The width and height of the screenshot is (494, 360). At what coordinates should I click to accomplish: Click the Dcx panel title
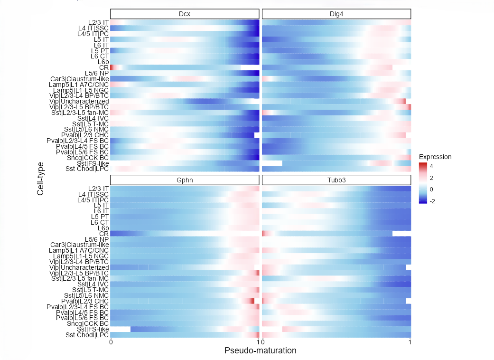point(185,13)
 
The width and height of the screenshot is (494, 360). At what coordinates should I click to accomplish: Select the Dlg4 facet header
point(336,13)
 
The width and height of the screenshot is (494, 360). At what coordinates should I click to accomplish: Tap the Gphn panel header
point(185,180)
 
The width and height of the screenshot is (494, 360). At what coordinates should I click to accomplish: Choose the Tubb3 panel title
point(336,180)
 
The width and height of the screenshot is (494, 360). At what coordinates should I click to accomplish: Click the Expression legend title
point(435,157)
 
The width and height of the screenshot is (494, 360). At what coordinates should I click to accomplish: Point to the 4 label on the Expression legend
point(432,167)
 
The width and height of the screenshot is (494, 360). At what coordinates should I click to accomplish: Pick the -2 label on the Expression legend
point(433,200)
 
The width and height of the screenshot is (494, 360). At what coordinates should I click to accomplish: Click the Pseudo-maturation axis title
point(260,351)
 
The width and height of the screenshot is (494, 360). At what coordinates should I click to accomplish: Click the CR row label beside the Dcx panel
point(104,67)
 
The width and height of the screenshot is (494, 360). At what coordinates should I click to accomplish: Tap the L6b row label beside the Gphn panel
point(103,228)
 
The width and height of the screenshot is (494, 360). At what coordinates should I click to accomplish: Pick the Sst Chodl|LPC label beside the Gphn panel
point(87,335)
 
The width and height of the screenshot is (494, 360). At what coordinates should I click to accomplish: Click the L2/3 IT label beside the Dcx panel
point(98,22)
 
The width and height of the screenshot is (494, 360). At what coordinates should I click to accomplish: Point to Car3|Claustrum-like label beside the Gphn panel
point(80,245)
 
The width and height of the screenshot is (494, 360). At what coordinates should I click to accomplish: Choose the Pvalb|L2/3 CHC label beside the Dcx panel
point(85,135)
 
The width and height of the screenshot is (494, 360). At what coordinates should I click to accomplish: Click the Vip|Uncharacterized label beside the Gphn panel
point(79,267)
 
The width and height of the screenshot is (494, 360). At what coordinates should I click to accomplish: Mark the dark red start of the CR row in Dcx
point(112,67)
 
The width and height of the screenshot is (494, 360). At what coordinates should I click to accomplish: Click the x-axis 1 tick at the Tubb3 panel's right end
point(410,342)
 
